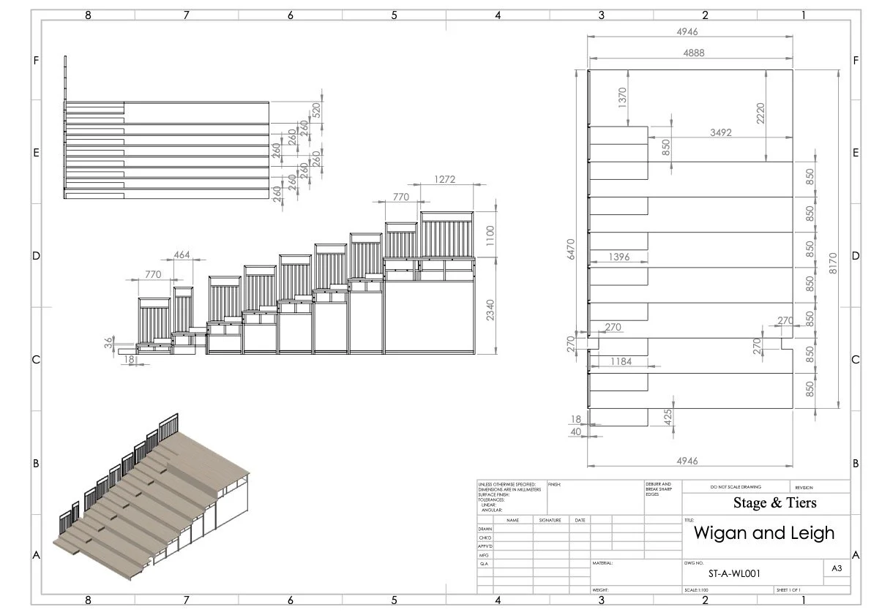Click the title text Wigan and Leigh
[x=763, y=532]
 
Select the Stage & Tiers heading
[x=774, y=503]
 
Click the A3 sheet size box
[x=836, y=567]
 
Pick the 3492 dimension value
[x=721, y=133]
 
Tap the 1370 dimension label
[x=623, y=97]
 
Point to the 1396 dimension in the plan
[x=619, y=257]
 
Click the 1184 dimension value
[x=619, y=361]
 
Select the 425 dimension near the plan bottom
[x=668, y=418]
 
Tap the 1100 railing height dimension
[x=490, y=235]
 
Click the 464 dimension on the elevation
[x=183, y=255]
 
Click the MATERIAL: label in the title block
[x=603, y=564]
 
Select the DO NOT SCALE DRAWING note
[x=735, y=487]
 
